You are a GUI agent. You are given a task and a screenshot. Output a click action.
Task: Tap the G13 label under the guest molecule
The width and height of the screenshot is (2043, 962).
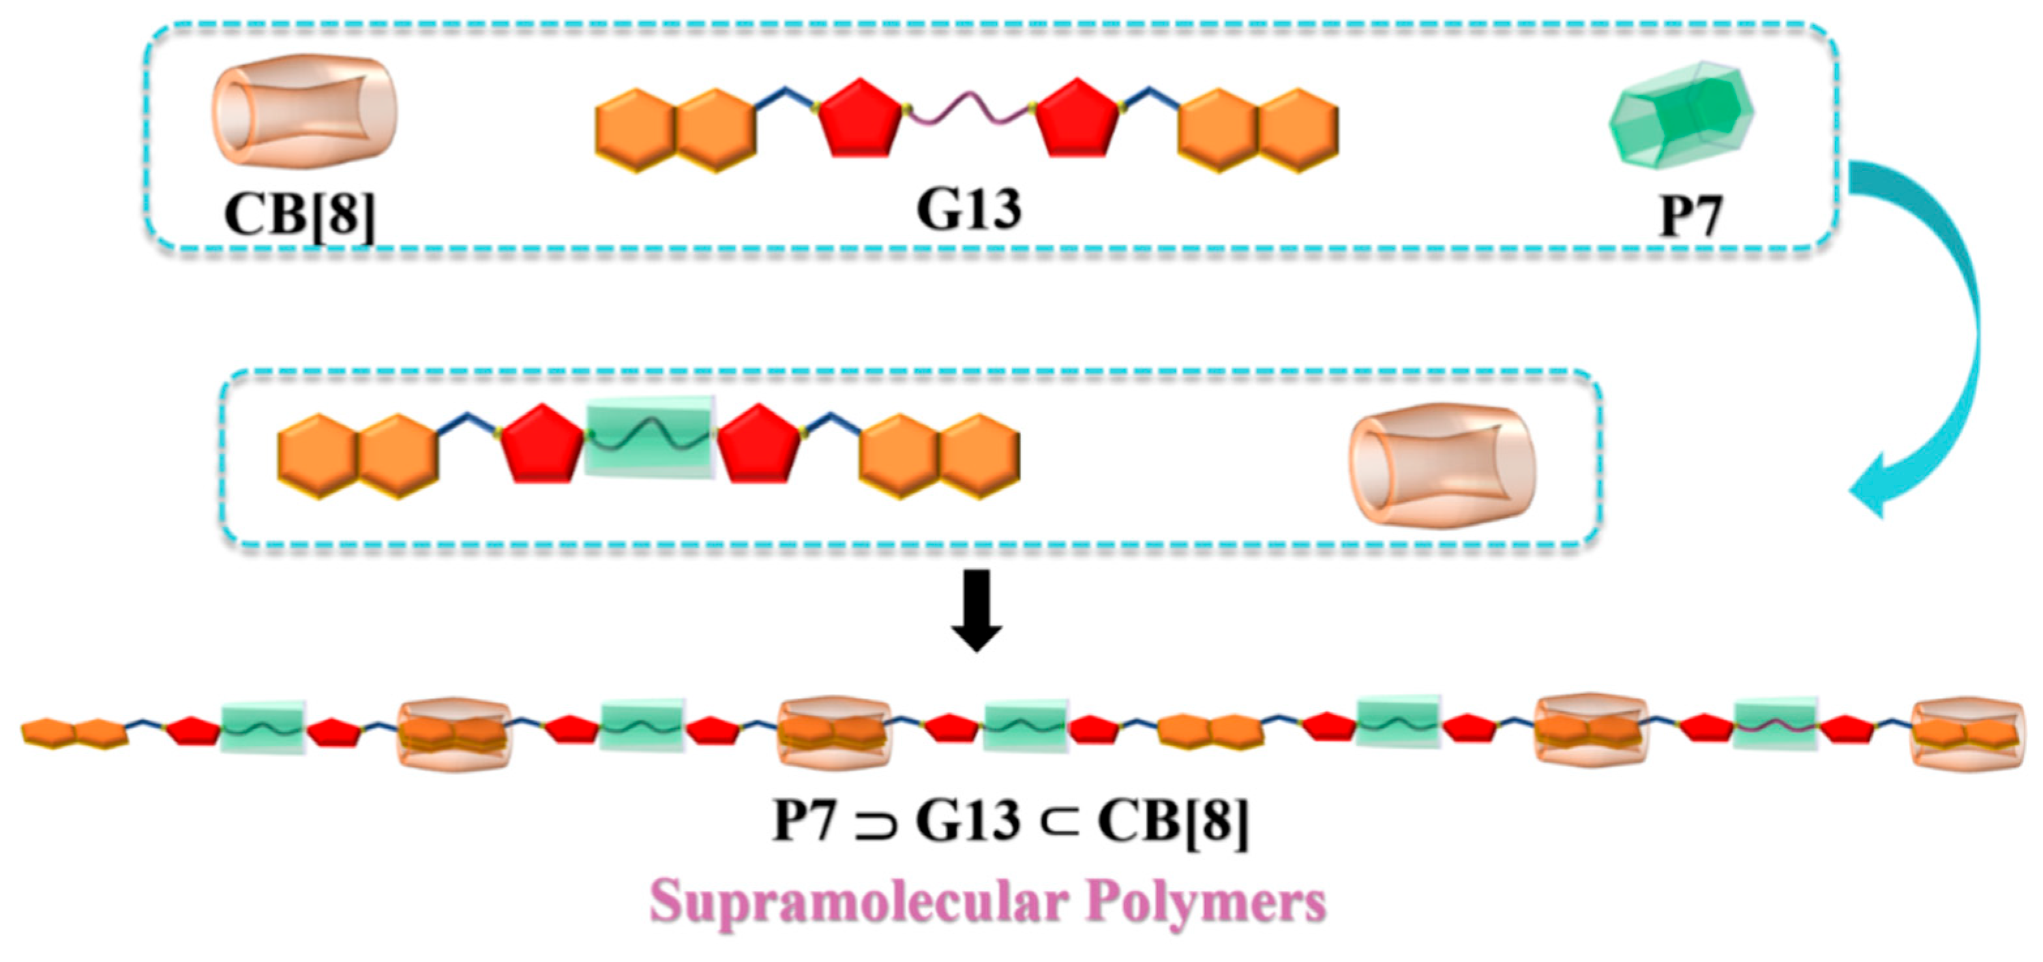click(x=968, y=209)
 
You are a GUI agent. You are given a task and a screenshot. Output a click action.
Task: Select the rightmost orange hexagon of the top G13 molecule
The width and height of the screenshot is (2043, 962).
click(x=1299, y=130)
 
